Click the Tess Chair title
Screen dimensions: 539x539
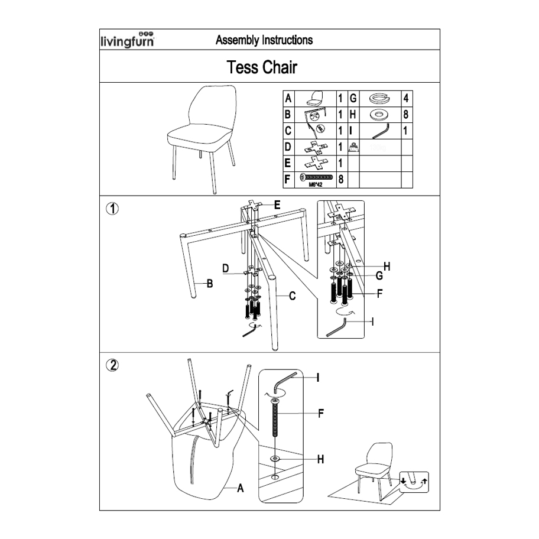tap(262, 67)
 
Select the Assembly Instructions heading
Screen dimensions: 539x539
tap(264, 40)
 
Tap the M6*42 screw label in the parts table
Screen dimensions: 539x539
tap(317, 184)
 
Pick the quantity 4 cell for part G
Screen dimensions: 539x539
tap(406, 98)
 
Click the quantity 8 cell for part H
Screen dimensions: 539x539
tap(406, 114)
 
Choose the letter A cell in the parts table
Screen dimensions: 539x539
tap(288, 98)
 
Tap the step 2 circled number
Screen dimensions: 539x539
tap(112, 365)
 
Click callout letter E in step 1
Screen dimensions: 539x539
tap(277, 205)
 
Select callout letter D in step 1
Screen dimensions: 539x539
tap(226, 269)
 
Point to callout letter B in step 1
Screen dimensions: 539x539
tap(209, 283)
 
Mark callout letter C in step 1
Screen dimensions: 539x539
tap(292, 296)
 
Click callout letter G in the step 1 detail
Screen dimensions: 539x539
tap(379, 275)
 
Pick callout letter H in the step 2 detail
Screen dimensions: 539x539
tap(320, 459)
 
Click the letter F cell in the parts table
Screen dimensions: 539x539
tap(288, 178)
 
